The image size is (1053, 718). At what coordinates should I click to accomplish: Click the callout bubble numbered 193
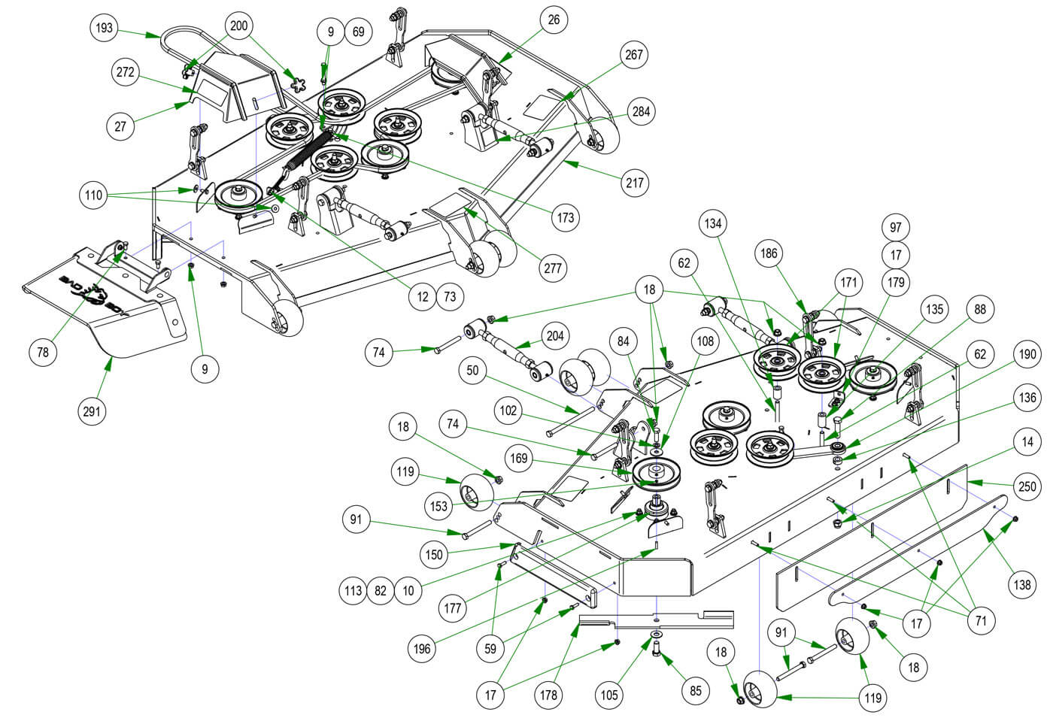[105, 29]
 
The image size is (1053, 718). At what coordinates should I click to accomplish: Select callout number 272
[125, 72]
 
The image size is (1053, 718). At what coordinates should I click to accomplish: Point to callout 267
[634, 55]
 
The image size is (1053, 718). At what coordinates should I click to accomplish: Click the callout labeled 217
[636, 183]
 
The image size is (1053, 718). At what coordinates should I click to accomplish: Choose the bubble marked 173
[566, 218]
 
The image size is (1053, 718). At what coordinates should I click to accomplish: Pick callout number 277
[553, 268]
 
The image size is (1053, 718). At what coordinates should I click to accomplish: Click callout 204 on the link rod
[554, 336]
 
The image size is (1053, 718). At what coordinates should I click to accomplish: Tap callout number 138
[1023, 584]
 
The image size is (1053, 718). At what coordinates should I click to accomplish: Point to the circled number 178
[549, 695]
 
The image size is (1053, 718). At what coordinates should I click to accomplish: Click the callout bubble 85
[694, 689]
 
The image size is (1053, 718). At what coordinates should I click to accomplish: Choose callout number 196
[422, 648]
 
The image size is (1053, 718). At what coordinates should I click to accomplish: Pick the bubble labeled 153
[439, 506]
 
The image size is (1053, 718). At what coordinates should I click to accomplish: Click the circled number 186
[768, 255]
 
